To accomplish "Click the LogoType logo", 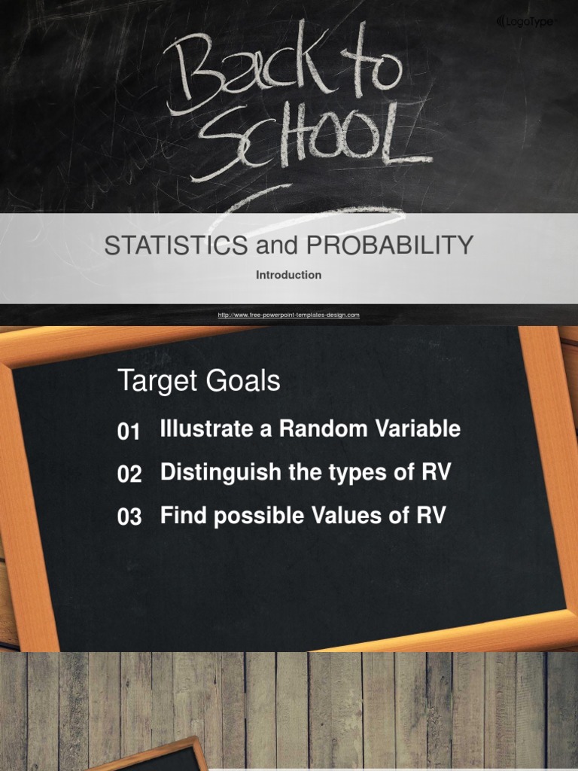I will [x=526, y=22].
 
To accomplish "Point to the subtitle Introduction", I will [x=288, y=276].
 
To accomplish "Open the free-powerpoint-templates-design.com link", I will [x=288, y=315].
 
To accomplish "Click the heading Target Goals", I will [x=199, y=381].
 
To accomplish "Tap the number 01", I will [x=129, y=432].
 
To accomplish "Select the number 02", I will [x=129, y=474].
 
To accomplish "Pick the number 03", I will [x=129, y=517].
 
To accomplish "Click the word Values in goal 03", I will [x=351, y=516].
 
